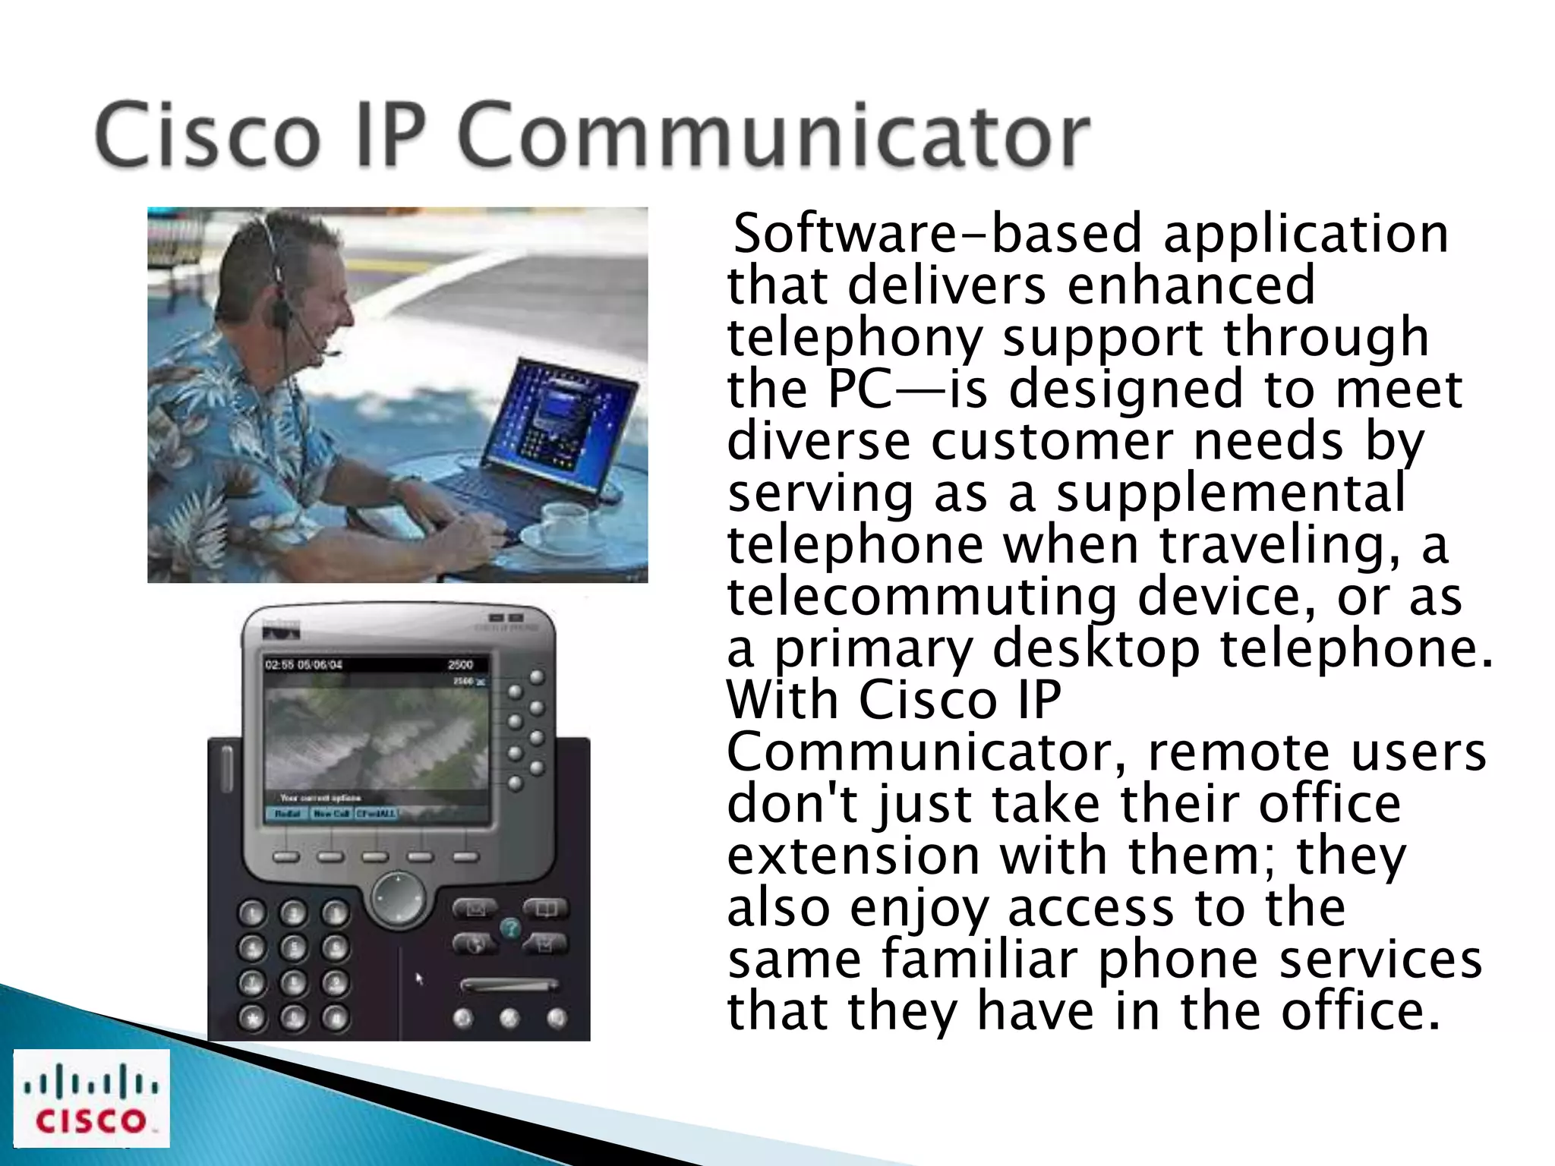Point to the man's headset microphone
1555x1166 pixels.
[332, 353]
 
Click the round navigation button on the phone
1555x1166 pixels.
[398, 899]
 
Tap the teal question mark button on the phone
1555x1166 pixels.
[510, 928]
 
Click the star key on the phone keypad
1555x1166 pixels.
[252, 1018]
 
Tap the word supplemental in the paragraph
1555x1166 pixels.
[1230, 493]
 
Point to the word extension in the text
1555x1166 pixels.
[853, 856]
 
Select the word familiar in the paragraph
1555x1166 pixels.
[979, 960]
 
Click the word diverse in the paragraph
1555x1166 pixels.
[819, 442]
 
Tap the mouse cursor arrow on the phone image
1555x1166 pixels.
[419, 979]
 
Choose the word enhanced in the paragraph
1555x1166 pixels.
[1191, 285]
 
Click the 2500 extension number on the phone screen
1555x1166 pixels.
[460, 665]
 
